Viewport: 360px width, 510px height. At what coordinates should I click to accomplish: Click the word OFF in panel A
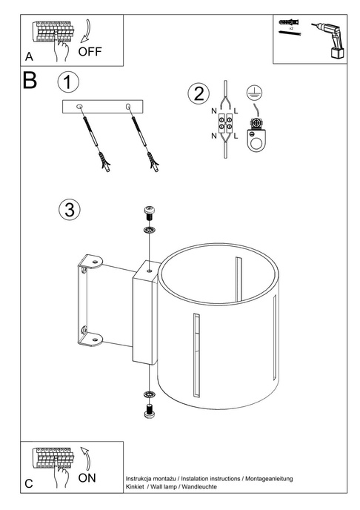coord(90,51)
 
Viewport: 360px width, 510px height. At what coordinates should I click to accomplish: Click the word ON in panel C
coord(87,478)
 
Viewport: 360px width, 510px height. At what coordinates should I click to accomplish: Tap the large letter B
coord(30,81)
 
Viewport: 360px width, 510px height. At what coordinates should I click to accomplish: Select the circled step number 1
coord(68,81)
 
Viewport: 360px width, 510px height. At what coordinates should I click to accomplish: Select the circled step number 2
coord(198,93)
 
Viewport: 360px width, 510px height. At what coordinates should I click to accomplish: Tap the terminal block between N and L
coord(225,124)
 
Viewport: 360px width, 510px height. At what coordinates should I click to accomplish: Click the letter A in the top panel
coord(29,57)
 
